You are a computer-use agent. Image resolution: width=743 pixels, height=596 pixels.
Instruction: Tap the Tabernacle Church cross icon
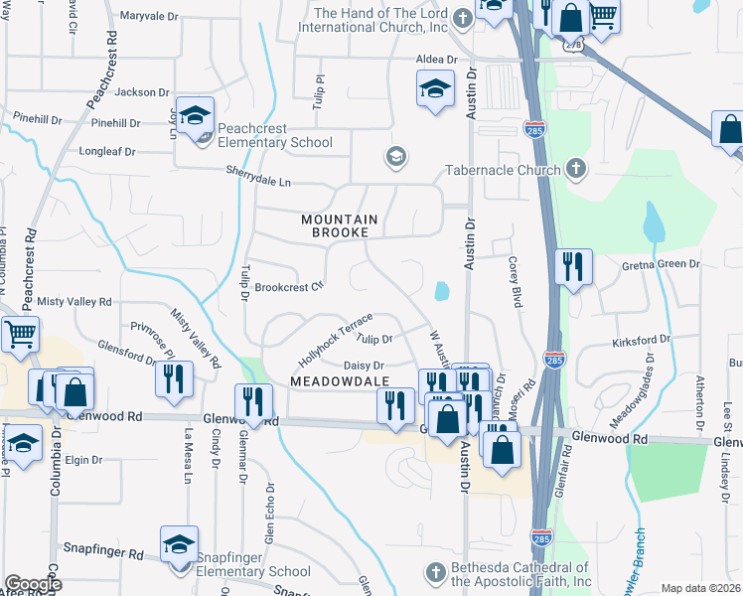tap(575, 169)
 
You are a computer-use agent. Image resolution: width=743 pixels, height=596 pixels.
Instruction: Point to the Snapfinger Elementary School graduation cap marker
tap(180, 545)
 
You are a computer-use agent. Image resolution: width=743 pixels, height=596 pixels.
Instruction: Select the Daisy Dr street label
tap(364, 367)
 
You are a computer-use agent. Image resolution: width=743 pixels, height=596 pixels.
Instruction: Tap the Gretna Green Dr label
tap(661, 265)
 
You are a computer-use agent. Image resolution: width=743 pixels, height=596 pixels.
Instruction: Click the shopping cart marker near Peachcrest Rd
tap(20, 336)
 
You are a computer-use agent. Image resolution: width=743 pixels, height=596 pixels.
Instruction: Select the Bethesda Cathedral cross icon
tap(434, 573)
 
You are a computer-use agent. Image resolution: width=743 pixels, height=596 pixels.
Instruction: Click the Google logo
tap(33, 584)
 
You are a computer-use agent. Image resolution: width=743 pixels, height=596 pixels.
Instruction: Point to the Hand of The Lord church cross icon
tap(461, 19)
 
